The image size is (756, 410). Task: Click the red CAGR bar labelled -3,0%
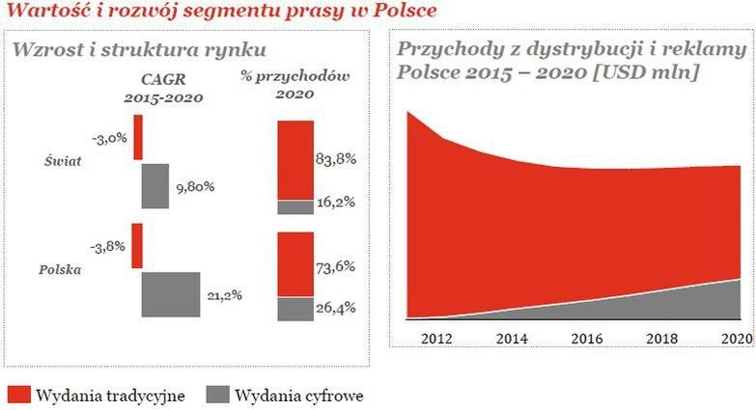137,137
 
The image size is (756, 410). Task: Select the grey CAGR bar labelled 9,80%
154,186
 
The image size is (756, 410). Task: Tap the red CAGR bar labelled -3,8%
137,245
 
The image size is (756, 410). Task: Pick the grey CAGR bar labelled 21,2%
171,294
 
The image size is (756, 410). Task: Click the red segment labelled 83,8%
295,160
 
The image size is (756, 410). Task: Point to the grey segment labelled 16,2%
295,206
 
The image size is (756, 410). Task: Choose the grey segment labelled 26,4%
295,309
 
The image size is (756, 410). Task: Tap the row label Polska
60,269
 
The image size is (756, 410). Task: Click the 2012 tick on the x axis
436,338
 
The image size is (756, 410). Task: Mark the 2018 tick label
661,338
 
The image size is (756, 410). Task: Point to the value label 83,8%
336,159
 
